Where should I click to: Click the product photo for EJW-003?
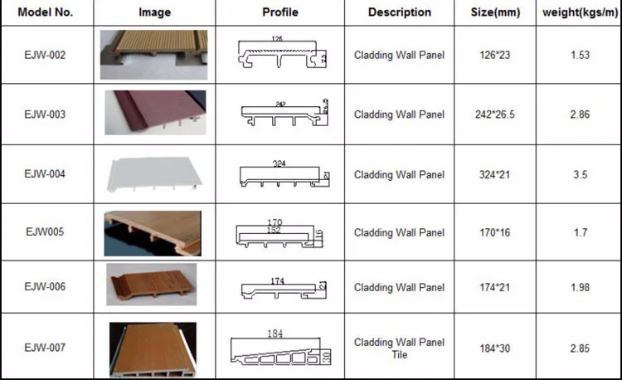click(154, 114)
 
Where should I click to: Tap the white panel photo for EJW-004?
click(153, 174)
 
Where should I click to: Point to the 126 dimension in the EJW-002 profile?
click(277, 39)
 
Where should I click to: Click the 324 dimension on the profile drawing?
click(279, 163)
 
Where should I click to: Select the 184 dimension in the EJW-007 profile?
click(276, 334)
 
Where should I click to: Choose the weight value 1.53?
click(580, 55)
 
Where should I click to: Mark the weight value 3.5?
click(580, 174)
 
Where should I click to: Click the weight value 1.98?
click(580, 287)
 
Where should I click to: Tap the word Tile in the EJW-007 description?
click(400, 354)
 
